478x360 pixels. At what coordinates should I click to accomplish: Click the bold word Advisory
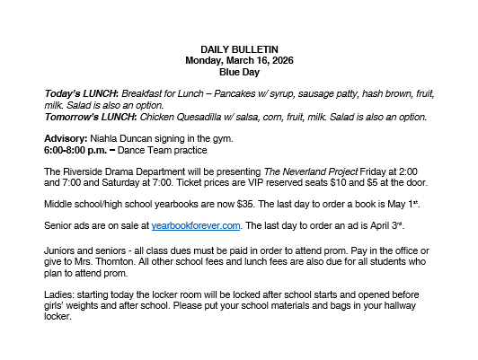point(66,137)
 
